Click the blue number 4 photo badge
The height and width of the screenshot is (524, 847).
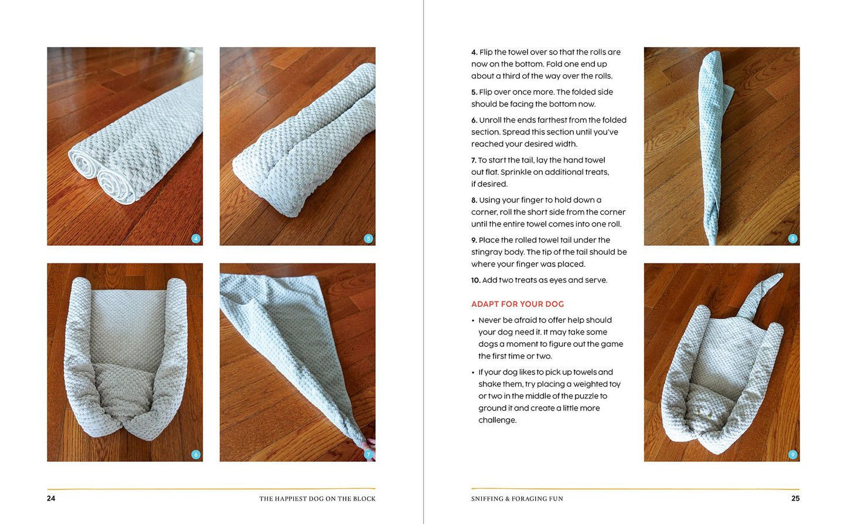point(196,238)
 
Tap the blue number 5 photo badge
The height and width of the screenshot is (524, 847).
point(368,238)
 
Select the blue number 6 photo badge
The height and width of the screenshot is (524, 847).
point(196,454)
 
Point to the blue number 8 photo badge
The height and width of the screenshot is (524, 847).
point(792,238)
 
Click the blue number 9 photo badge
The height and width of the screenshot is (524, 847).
point(792,454)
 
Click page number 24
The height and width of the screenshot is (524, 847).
point(51,498)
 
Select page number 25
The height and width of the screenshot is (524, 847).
point(795,498)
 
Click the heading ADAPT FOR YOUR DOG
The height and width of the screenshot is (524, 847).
point(517,304)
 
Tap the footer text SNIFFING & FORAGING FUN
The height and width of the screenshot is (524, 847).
point(517,499)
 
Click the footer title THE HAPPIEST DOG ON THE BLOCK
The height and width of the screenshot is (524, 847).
point(317,499)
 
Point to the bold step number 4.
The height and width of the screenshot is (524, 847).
point(474,52)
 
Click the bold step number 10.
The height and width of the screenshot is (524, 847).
point(476,280)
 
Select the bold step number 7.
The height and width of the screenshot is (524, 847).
point(474,160)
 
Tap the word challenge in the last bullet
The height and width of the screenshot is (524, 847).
point(497,420)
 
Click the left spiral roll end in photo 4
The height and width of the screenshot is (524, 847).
point(84,164)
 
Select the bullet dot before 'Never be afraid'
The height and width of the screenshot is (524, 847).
point(472,321)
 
